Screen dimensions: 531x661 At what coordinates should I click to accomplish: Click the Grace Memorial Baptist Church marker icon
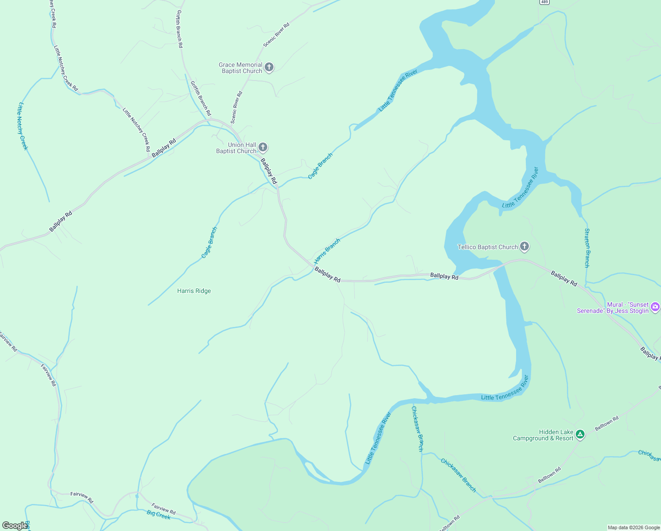[269, 68]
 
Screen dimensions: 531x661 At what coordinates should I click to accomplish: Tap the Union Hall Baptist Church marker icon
[263, 147]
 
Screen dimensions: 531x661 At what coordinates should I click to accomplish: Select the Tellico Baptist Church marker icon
[524, 246]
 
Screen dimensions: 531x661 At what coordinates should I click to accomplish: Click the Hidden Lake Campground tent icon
[580, 435]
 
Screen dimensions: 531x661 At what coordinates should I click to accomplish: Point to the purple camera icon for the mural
[655, 307]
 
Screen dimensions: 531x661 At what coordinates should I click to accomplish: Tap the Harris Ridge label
[194, 291]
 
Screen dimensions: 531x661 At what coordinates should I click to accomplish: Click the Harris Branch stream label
[327, 251]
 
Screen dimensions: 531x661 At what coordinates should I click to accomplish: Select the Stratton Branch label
[587, 248]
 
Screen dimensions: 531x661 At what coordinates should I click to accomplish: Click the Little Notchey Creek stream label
[23, 126]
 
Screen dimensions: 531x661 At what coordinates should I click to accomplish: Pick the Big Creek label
[159, 516]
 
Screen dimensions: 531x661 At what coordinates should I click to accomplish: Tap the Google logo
[14, 526]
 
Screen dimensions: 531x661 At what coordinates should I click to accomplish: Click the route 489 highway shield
[544, 2]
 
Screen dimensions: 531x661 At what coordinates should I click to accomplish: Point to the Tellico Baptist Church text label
[487, 247]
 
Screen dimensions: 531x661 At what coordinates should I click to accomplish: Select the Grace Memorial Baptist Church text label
[241, 68]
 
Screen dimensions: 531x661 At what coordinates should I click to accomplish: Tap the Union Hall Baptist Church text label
[236, 148]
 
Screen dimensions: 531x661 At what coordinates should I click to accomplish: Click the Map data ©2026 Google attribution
[633, 527]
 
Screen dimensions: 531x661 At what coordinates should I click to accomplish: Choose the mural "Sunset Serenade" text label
[612, 308]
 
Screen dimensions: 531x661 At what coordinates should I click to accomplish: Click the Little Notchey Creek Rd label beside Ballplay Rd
[137, 130]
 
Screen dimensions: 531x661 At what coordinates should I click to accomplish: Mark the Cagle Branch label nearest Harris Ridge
[209, 242]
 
